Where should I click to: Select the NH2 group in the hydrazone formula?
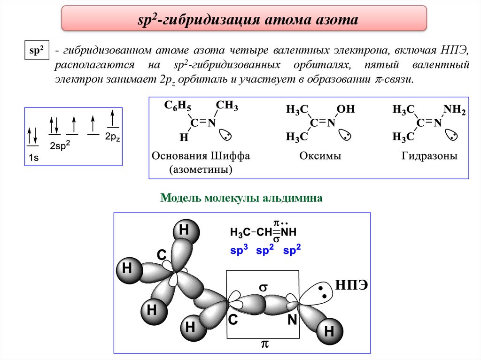tap(454, 110)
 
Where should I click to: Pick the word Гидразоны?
tap(429, 156)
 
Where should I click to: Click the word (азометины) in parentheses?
tap(201, 169)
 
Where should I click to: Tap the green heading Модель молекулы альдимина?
tap(241, 198)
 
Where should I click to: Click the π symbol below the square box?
tap(264, 345)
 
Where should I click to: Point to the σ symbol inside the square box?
tap(263, 286)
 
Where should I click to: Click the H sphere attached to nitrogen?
tap(328, 332)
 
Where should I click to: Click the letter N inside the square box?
tap(292, 321)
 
